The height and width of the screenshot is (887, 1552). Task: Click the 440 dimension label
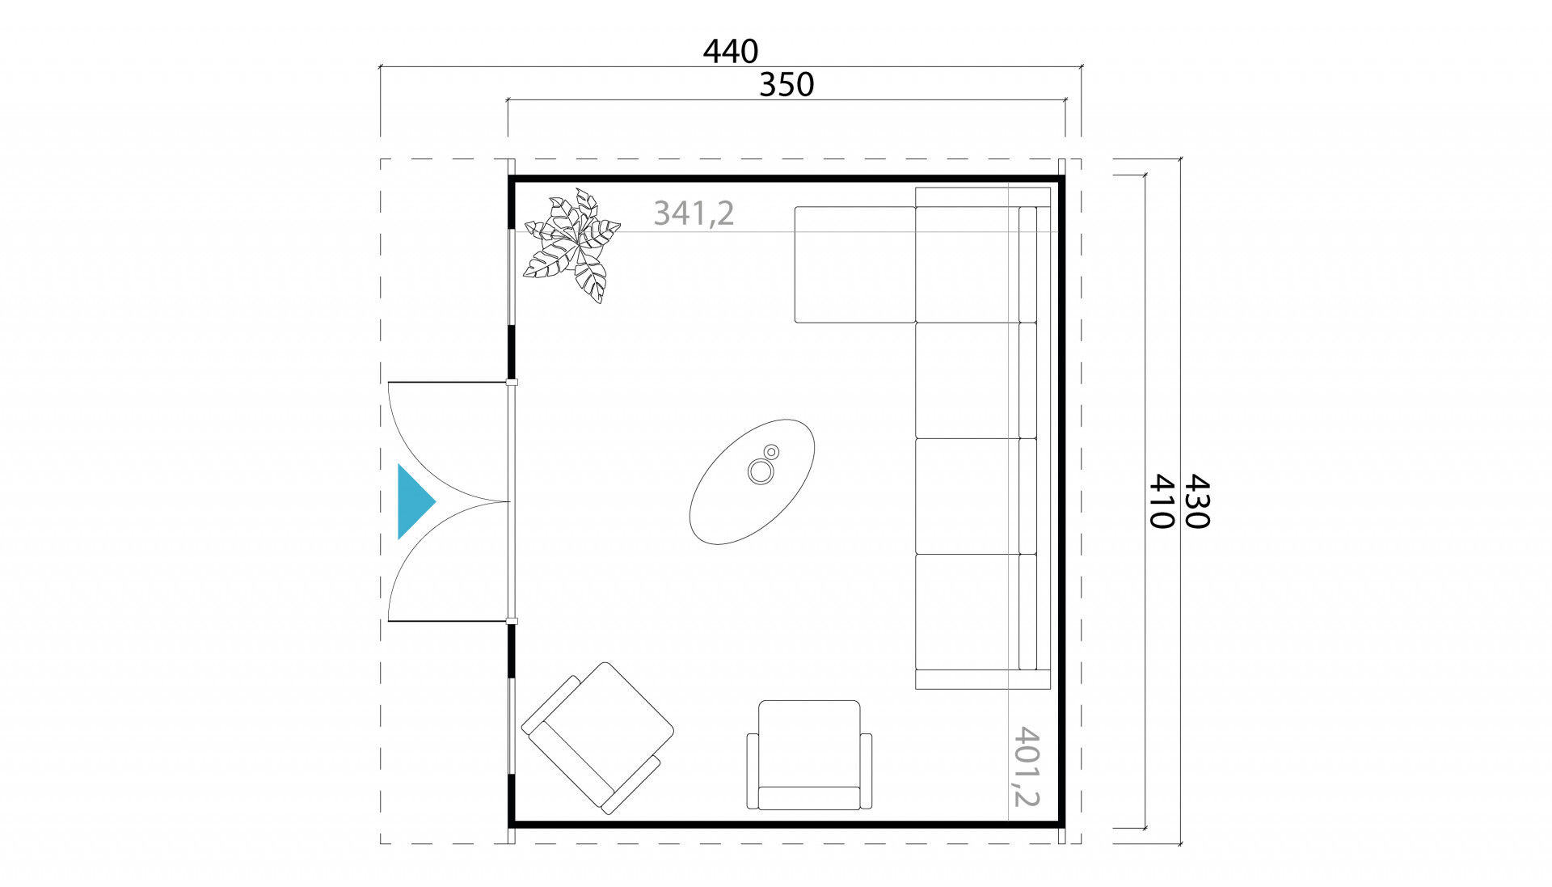pyautogui.click(x=731, y=52)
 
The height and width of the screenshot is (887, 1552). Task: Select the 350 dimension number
pyautogui.click(x=787, y=85)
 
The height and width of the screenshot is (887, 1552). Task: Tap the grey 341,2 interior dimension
pyautogui.click(x=694, y=213)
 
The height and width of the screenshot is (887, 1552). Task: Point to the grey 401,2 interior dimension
pyautogui.click(x=1025, y=767)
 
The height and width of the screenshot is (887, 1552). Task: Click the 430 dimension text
pyautogui.click(x=1196, y=501)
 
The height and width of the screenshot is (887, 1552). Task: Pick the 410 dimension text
pyautogui.click(x=1161, y=501)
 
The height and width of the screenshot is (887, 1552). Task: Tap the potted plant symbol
pyautogui.click(x=572, y=245)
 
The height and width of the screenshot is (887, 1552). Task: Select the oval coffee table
pyautogui.click(x=752, y=481)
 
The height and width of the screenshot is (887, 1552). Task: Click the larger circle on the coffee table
pyautogui.click(x=760, y=471)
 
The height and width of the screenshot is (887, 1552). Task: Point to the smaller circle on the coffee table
pyautogui.click(x=772, y=451)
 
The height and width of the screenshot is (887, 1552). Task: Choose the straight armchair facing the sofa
pyautogui.click(x=809, y=755)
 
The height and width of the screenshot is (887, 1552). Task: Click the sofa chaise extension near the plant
pyautogui.click(x=855, y=264)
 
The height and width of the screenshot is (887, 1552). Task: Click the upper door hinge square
pyautogui.click(x=511, y=382)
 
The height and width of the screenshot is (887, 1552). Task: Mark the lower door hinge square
pyautogui.click(x=511, y=621)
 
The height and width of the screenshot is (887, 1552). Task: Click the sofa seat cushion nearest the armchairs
pyautogui.click(x=967, y=611)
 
